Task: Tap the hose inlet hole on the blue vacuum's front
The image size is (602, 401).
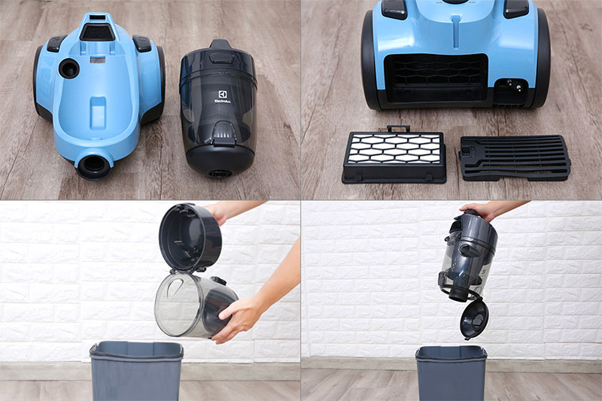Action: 94,164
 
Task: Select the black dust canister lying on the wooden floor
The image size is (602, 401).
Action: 217,109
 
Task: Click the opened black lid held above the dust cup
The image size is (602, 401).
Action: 190,236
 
